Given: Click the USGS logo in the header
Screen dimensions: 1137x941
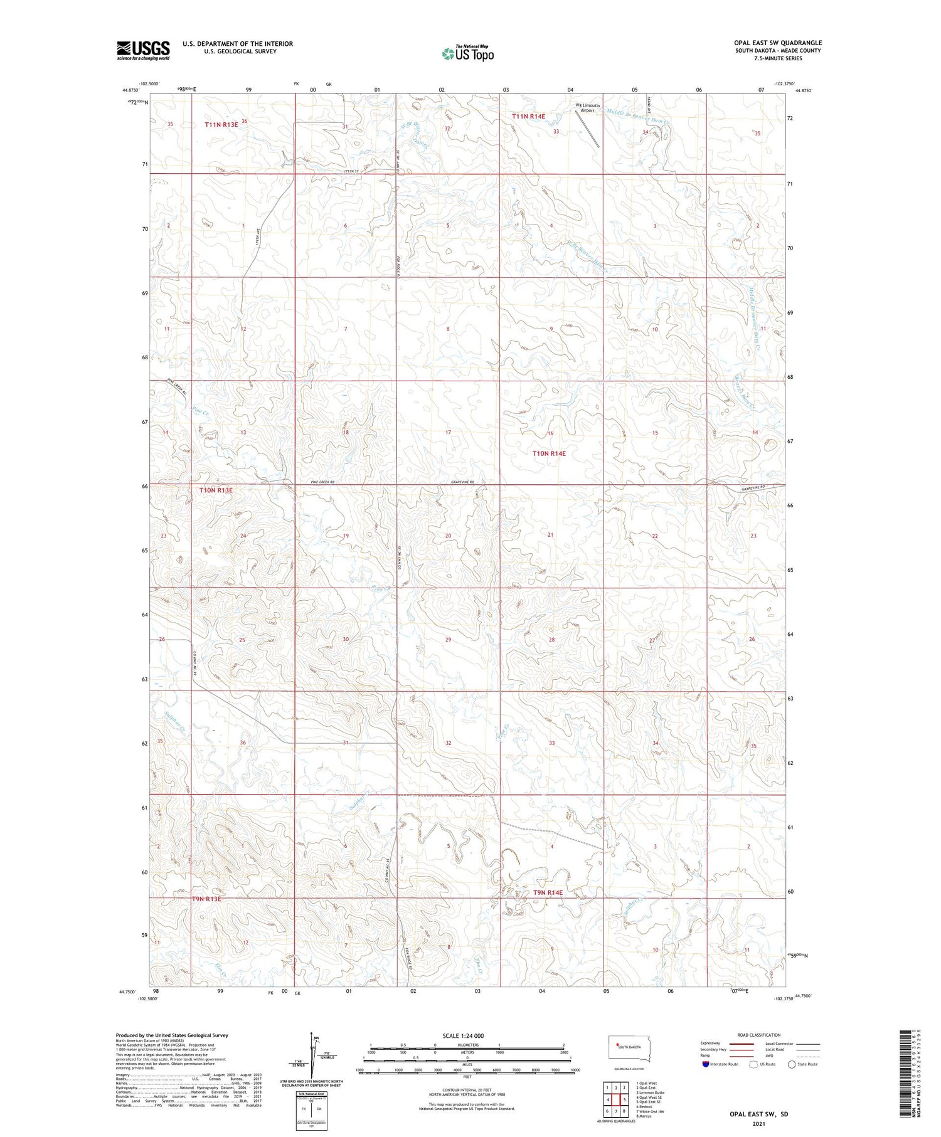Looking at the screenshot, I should point(143,50).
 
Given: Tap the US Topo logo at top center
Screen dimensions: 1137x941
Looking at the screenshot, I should point(467,53).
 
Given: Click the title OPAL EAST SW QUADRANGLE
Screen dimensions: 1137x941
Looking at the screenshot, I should point(778,43).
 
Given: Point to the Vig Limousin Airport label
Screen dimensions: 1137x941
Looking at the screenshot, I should point(588,107).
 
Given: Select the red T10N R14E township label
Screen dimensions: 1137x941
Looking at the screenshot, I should point(549,453).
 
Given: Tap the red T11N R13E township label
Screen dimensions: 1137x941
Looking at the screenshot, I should point(221,125).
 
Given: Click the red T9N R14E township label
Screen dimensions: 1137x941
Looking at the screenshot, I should point(548,892).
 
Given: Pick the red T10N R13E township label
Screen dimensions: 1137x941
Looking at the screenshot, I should point(216,490).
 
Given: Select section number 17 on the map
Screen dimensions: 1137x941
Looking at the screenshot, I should point(448,433).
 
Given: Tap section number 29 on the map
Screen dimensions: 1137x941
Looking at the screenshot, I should point(448,640).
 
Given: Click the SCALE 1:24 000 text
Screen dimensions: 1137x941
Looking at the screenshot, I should point(463,1036).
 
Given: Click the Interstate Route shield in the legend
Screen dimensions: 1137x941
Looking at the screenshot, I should point(706,1064).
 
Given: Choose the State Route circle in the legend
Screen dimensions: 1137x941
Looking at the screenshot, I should point(792,1064).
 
